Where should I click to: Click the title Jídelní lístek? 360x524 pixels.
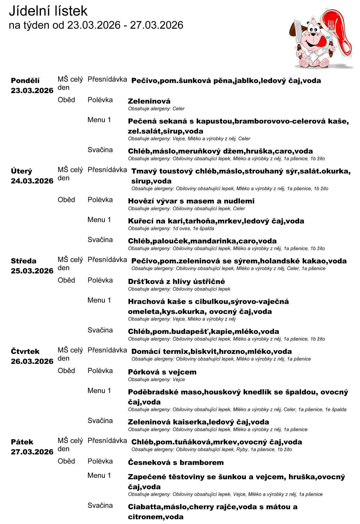click(48, 11)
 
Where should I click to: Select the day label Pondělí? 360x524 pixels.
click(25, 81)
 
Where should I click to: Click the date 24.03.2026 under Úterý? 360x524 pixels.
click(32, 181)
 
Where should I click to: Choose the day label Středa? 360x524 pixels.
click(23, 261)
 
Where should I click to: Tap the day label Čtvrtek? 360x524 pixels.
click(25, 351)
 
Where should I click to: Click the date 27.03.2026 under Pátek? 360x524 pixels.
click(32, 452)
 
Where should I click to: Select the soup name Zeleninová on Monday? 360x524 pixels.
click(149, 101)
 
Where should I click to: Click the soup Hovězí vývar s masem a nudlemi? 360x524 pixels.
click(191, 201)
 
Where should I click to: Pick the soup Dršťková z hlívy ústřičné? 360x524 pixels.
click(176, 281)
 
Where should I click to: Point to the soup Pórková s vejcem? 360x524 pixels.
click(162, 372)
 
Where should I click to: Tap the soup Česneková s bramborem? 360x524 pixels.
click(176, 462)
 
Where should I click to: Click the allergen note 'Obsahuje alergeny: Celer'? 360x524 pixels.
click(156, 109)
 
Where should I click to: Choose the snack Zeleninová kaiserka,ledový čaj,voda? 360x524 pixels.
click(198, 422)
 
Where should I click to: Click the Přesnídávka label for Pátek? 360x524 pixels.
click(107, 440)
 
